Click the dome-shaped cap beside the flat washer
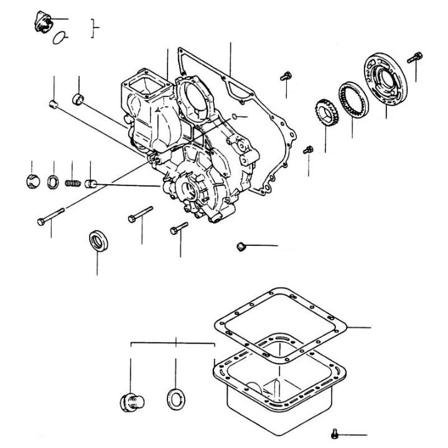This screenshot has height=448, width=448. [x=32, y=183]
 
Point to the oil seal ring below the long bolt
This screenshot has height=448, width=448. [x=97, y=239]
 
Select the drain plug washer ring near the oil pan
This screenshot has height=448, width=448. [x=176, y=398]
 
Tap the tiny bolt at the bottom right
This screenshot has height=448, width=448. [x=336, y=434]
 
